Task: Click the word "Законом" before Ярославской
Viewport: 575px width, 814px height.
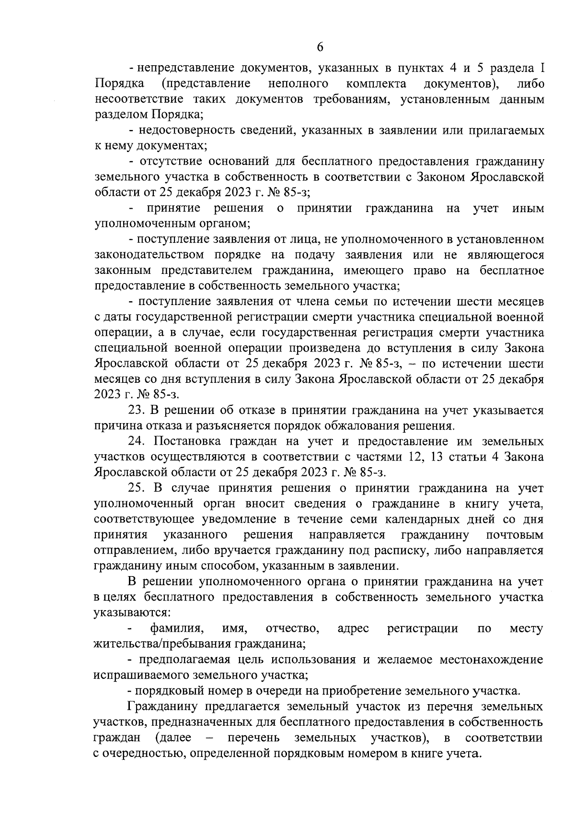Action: coord(438,177)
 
